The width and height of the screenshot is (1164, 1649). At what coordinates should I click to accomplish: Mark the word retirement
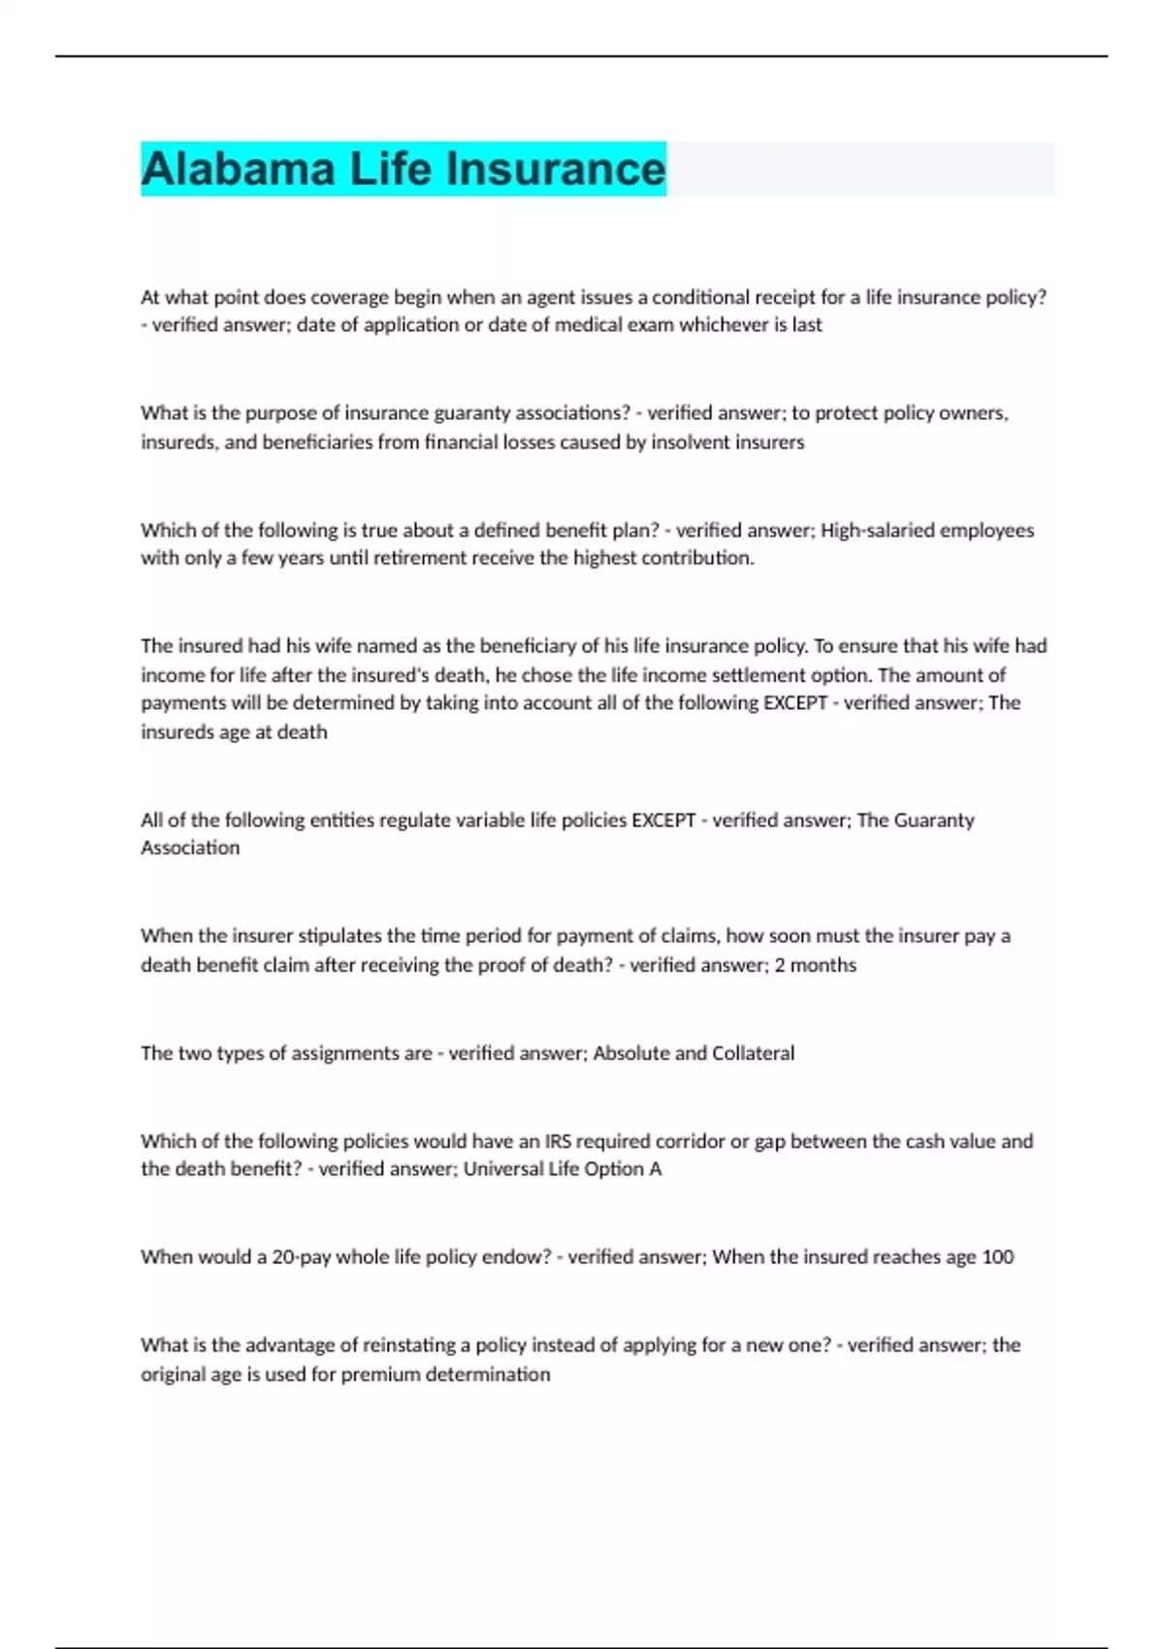pos(419,558)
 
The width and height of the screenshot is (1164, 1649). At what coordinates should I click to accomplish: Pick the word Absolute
pos(630,1052)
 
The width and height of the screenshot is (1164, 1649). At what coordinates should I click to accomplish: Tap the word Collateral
pos(753,1052)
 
